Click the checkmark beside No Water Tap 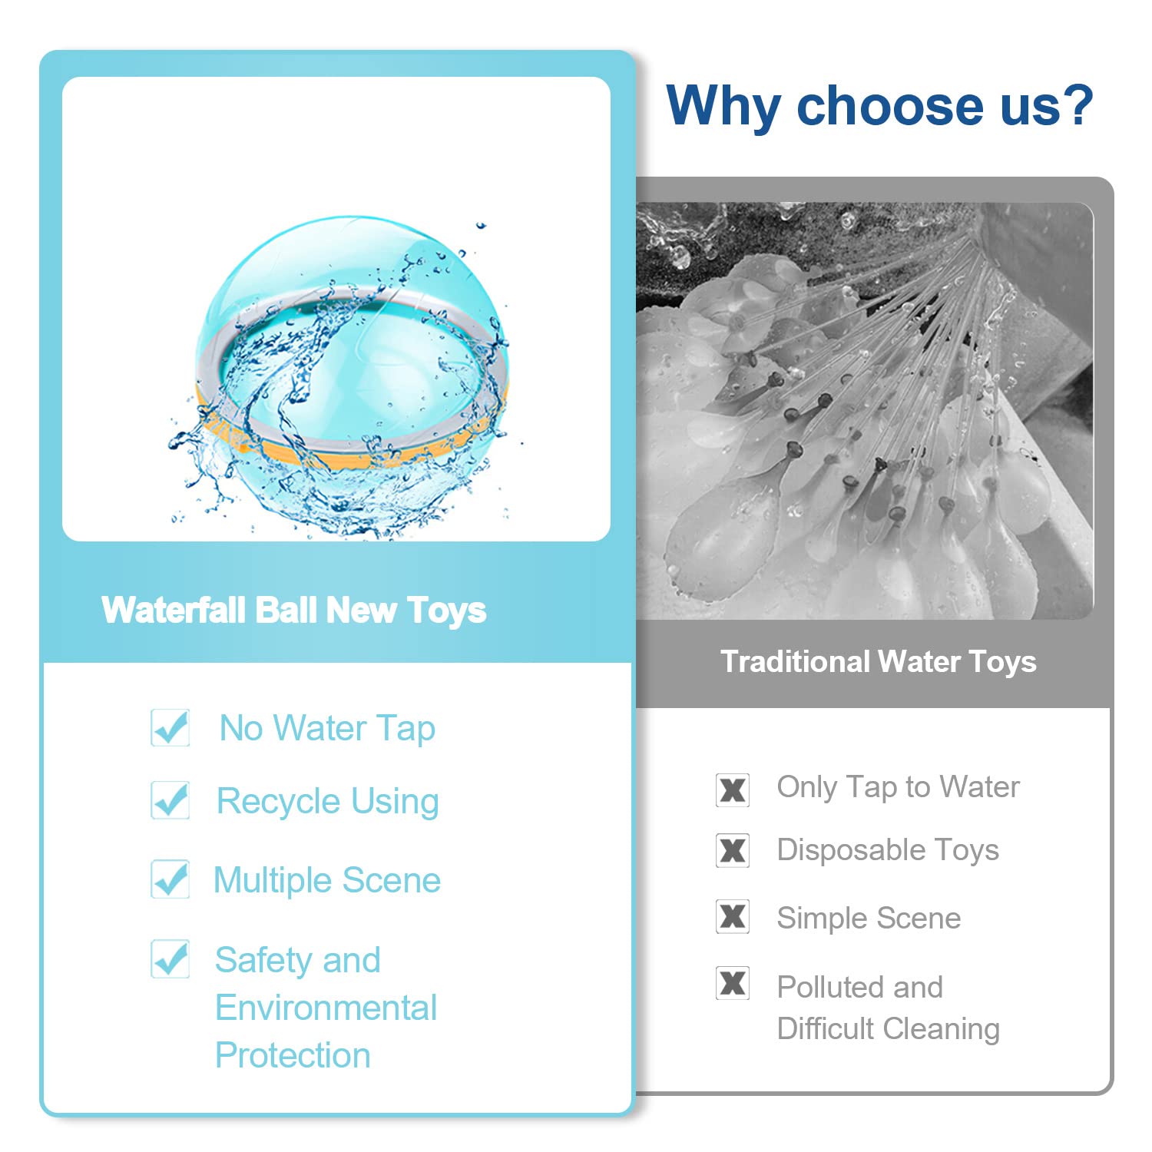(170, 727)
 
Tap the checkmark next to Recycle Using (170, 800)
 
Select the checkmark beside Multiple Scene (170, 879)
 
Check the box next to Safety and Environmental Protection (170, 958)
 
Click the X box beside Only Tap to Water (733, 790)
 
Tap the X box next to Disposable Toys (733, 850)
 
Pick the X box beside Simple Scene (733, 916)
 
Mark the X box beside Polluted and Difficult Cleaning (733, 983)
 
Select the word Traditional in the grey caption (795, 661)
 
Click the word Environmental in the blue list (326, 1008)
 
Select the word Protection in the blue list (293, 1055)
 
